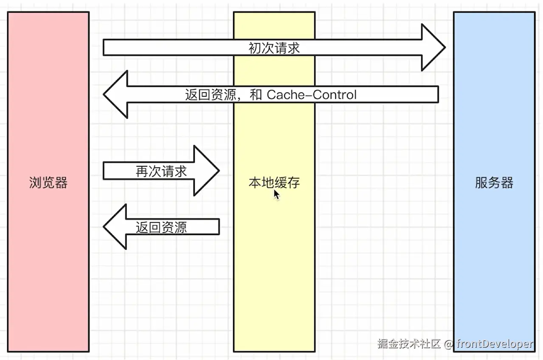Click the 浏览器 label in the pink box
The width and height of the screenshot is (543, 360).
coord(48,183)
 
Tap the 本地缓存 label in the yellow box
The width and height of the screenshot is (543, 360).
coord(274,183)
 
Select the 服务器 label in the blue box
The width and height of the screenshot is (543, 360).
coord(494,183)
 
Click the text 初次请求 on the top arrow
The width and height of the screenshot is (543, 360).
coord(274,48)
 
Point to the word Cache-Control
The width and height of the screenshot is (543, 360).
coord(312,94)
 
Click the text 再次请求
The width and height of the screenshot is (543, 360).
coord(161,171)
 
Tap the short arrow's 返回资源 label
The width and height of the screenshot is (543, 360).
coord(161,227)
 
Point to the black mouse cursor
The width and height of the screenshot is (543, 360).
coord(276,195)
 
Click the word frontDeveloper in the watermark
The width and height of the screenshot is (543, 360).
coord(495,344)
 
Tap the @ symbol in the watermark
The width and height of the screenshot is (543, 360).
coord(449,344)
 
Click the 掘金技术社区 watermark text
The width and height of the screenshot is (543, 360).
coord(409,344)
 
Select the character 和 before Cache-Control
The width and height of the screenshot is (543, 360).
coord(256,94)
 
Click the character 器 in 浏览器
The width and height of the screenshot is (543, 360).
coord(61,183)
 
